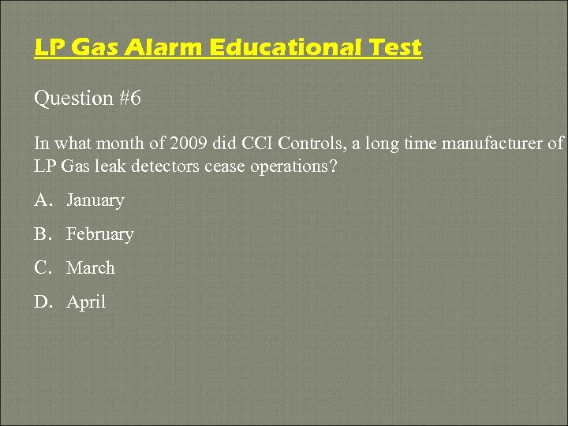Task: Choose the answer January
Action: pyautogui.click(x=95, y=200)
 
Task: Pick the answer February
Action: pyautogui.click(x=100, y=234)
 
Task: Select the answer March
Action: pyautogui.click(x=91, y=268)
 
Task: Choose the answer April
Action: pyautogui.click(x=86, y=302)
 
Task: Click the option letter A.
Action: pyautogui.click(x=42, y=200)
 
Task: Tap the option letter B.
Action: pyautogui.click(x=41, y=234)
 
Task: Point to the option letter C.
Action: pyautogui.click(x=41, y=268)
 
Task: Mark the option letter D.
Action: pyautogui.click(x=42, y=302)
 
